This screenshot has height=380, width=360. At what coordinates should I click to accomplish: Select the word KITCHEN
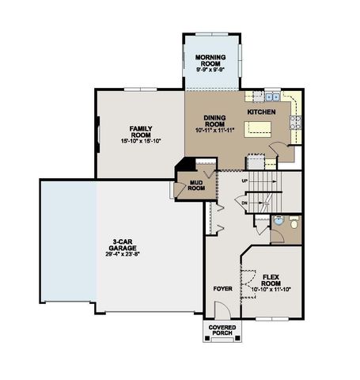tap(261, 112)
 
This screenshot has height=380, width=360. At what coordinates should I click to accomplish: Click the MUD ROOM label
tap(196, 185)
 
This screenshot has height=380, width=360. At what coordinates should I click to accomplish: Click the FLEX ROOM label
tap(271, 279)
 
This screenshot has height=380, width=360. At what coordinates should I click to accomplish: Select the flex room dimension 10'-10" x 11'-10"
tap(271, 289)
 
